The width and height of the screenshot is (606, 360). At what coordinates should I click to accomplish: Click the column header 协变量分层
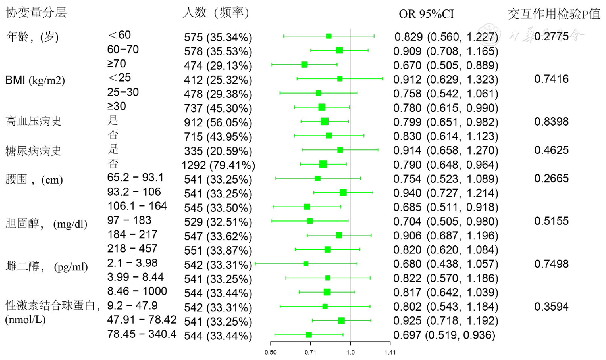(36, 12)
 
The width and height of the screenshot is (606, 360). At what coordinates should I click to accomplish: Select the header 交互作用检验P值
(554, 14)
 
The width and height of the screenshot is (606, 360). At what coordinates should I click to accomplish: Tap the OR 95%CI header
(426, 14)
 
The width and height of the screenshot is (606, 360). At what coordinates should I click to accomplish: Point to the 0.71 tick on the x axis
(310, 352)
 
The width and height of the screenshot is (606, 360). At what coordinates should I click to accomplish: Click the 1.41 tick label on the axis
(390, 352)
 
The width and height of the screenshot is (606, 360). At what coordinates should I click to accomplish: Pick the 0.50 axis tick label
(270, 352)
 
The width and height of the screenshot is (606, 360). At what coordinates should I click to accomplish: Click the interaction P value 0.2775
(551, 36)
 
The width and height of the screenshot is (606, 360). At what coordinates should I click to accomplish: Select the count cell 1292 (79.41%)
(218, 165)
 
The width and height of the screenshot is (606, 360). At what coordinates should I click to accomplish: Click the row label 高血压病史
(33, 121)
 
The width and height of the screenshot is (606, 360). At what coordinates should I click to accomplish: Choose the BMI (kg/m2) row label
(35, 80)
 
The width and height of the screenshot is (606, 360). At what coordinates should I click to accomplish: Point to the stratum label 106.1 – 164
(137, 206)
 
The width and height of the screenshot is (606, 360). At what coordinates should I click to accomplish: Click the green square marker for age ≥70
(304, 65)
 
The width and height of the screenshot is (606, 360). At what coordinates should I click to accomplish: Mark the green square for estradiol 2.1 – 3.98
(306, 264)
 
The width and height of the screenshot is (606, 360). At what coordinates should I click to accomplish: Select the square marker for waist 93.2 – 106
(343, 193)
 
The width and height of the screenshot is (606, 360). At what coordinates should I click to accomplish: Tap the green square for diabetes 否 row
(323, 164)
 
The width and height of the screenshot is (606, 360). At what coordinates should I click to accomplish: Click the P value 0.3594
(551, 307)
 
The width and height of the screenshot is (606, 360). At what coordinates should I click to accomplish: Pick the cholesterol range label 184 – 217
(132, 234)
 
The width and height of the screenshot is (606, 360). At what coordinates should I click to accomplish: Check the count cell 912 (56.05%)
(218, 123)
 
